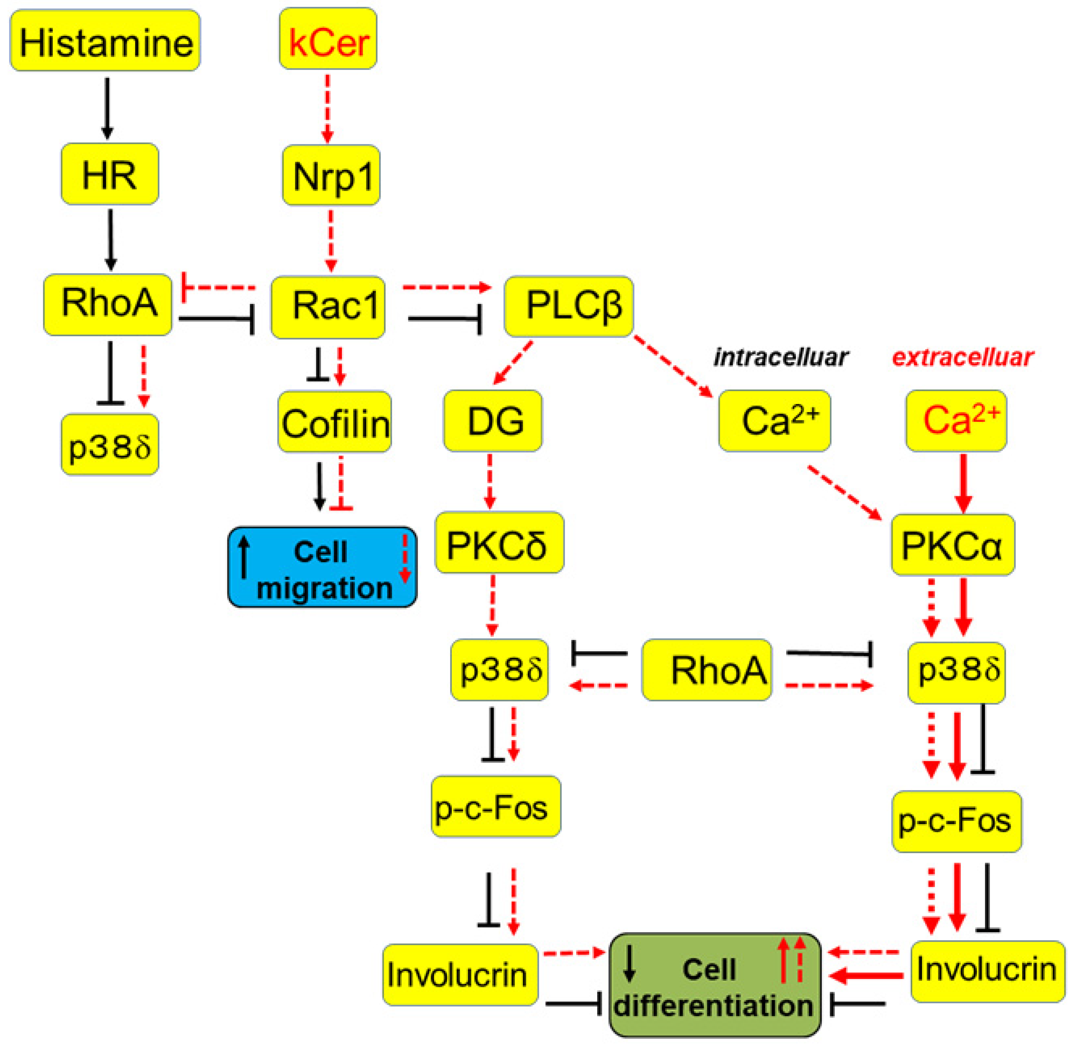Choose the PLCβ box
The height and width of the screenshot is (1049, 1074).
click(569, 306)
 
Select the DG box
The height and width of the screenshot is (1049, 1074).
click(493, 421)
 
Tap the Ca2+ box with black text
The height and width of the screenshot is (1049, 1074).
click(774, 421)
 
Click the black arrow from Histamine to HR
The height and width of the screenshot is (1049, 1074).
click(107, 107)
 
